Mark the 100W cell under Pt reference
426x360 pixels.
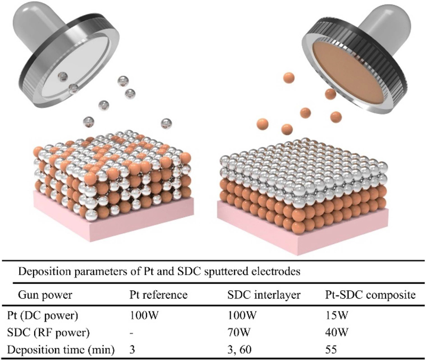141,315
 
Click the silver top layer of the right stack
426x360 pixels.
298,160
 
